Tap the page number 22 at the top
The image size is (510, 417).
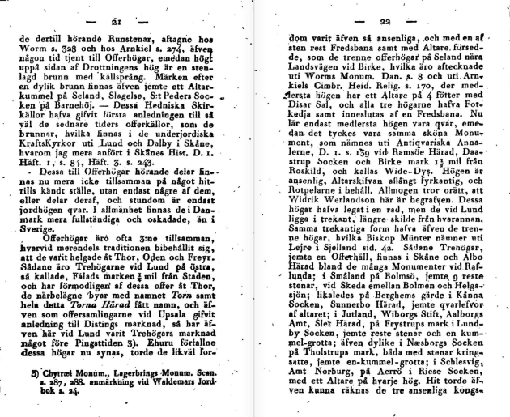384,19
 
